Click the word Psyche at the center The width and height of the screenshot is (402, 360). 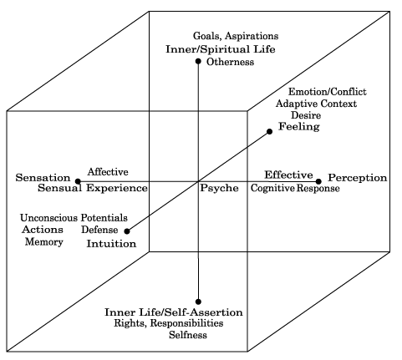(219, 189)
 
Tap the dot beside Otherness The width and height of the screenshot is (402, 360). (198, 61)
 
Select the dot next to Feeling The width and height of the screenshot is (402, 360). (269, 131)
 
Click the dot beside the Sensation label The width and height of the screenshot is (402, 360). (78, 181)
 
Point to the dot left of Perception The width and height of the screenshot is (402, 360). (318, 181)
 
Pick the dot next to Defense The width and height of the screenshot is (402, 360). (127, 231)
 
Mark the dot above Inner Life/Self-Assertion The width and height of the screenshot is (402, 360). (198, 302)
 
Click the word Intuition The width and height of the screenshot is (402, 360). (111, 244)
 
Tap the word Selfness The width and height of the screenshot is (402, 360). (188, 334)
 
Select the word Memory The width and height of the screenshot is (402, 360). (44, 241)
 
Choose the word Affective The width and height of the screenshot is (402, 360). (108, 172)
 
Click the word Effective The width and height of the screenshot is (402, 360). (288, 175)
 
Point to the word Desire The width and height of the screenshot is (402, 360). (306, 115)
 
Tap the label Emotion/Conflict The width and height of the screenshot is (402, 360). (328, 92)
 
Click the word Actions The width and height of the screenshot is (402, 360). (43, 230)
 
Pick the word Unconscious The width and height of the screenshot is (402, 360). (48, 218)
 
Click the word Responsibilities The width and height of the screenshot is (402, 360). (186, 323)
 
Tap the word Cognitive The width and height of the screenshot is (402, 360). (272, 188)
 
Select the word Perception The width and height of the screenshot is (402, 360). (358, 178)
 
